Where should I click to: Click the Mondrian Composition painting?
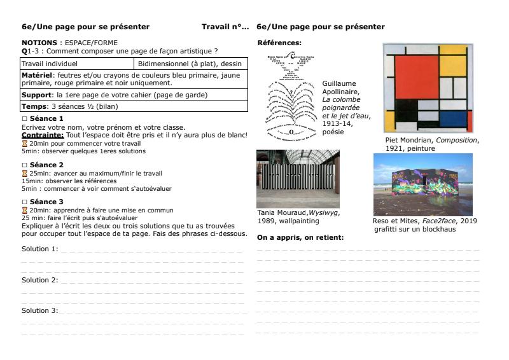(428, 88)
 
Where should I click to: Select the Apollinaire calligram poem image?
(290, 95)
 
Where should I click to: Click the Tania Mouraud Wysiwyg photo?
(298, 179)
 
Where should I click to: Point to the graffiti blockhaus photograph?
(422, 184)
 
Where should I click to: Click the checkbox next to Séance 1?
(24, 119)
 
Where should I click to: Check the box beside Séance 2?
(24, 165)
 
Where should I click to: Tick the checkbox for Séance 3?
(24, 202)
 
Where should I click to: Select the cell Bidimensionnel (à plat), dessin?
(190, 64)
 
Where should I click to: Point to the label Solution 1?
(39, 249)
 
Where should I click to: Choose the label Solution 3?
(39, 310)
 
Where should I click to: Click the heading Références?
(279, 43)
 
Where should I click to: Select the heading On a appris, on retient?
(300, 237)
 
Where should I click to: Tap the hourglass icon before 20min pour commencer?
(24, 143)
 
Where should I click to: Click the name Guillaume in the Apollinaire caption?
(339, 83)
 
